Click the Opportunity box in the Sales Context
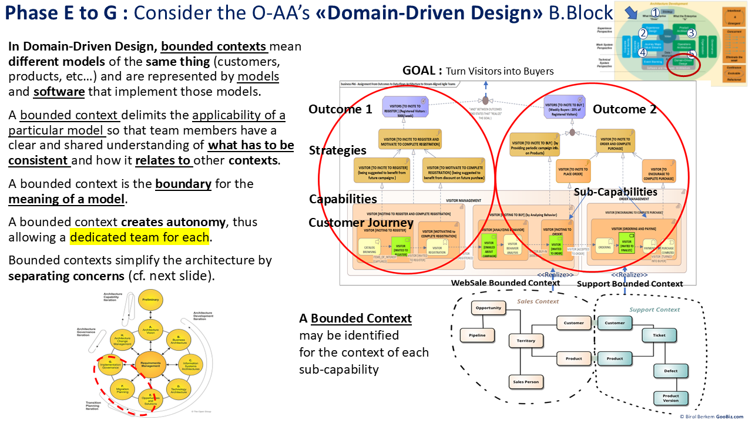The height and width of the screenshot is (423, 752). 489,308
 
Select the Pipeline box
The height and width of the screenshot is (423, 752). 477,335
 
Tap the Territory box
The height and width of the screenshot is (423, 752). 526,341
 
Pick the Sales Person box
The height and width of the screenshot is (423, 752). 526,382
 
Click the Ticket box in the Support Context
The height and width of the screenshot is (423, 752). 659,335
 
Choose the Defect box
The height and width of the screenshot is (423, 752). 670,371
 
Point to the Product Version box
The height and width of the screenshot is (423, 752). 670,399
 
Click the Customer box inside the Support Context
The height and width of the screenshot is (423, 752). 615,323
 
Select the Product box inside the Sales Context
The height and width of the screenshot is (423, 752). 573,358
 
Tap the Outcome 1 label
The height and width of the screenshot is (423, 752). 340,109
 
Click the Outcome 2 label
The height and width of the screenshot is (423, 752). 625,109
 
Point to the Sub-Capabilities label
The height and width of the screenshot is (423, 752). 615,192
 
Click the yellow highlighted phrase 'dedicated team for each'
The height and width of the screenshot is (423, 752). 139,237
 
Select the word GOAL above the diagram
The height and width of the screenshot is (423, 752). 421,70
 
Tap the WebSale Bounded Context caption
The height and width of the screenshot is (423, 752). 505,283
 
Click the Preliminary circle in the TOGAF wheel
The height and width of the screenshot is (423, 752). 150,300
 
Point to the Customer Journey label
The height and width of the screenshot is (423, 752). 361,223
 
